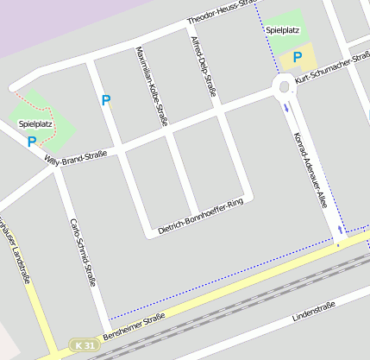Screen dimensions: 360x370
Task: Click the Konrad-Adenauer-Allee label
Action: coord(310,173)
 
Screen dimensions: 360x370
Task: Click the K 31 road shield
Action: coord(83,345)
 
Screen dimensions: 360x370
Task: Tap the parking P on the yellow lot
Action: coord(298,57)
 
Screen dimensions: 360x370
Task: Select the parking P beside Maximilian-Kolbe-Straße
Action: coord(106,100)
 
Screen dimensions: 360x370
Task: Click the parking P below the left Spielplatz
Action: coord(32,142)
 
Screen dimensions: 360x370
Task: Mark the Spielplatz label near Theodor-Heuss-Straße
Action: coord(283,30)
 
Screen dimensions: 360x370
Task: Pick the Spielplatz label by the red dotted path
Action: coord(35,124)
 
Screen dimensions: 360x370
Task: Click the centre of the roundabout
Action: coord(284,85)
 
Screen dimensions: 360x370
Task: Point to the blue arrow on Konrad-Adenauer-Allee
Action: coord(286,108)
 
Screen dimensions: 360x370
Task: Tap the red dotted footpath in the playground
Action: coord(49,114)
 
